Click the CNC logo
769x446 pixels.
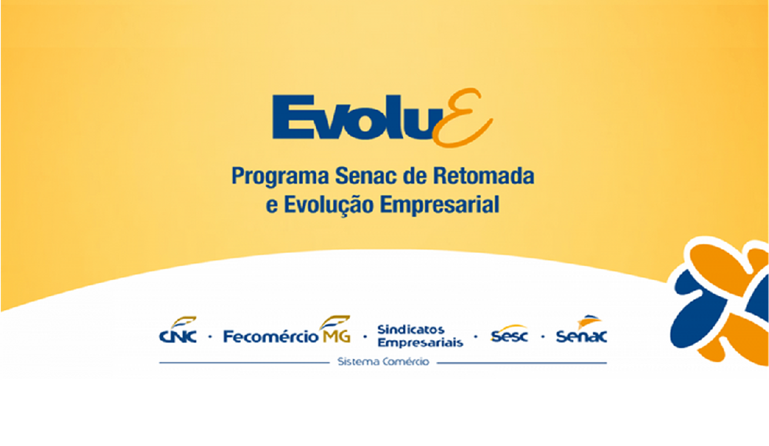pos(178,330)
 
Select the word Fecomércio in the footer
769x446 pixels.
pos(271,337)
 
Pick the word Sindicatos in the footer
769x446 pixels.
pos(411,329)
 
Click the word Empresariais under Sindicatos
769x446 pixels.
pos(421,342)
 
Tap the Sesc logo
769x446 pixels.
pos(509,334)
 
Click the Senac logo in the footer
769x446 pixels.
pos(581,330)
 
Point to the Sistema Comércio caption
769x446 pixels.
pos(383,362)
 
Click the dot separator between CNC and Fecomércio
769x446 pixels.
pos(211,337)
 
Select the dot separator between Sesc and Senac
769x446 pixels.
pos(542,337)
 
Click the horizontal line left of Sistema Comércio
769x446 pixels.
pos(245,363)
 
